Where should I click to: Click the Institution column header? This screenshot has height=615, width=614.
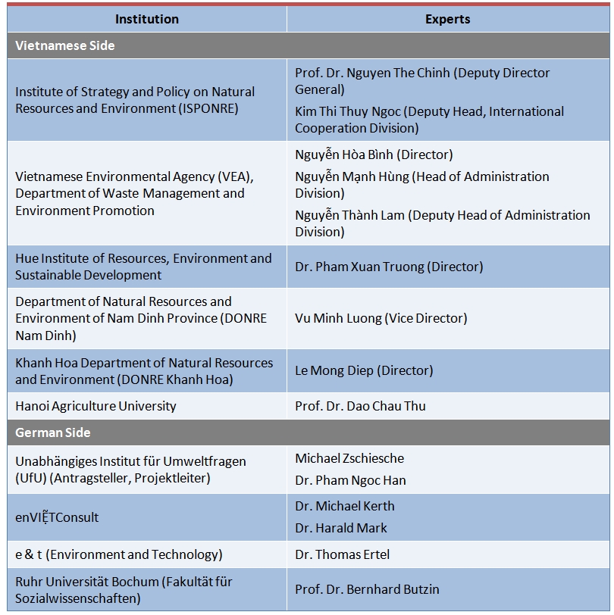(147, 19)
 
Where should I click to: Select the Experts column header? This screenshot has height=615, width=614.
(447, 19)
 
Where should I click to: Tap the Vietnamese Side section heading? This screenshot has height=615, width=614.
(65, 45)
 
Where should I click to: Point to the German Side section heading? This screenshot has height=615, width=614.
(53, 432)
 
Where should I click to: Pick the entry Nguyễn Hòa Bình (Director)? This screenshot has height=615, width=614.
(374, 155)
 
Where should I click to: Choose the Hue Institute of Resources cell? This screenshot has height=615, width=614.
(143, 267)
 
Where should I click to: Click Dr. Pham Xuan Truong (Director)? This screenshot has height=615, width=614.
(389, 267)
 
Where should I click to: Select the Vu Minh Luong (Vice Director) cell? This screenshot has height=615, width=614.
(381, 318)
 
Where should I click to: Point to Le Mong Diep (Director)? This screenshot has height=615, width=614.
(364, 370)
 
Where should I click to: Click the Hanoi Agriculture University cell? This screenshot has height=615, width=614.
(96, 406)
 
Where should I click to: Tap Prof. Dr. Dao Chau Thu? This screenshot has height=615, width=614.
(360, 406)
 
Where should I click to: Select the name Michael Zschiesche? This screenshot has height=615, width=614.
(349, 458)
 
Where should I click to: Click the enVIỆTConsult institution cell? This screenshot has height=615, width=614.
(57, 517)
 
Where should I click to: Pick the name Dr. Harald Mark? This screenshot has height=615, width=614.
(340, 528)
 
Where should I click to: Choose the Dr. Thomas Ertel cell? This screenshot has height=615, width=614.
(342, 554)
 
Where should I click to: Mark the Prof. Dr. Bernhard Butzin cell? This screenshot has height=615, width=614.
(367, 589)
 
